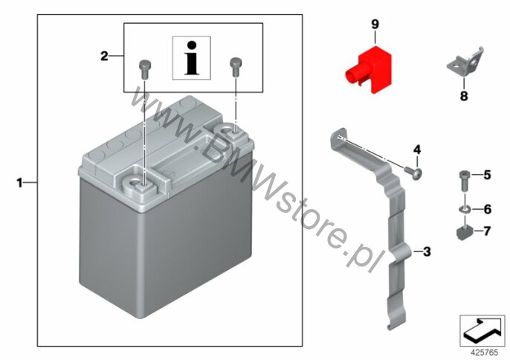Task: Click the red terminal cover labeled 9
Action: click(x=369, y=69)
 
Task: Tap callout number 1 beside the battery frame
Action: click(x=20, y=183)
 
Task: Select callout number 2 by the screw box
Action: click(x=104, y=56)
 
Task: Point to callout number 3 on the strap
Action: click(x=427, y=251)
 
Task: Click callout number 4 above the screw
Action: click(x=417, y=150)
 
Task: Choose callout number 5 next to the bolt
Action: click(x=487, y=175)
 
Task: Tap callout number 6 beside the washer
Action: click(x=487, y=209)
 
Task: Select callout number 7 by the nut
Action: click(x=487, y=231)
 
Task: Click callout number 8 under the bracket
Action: click(x=464, y=96)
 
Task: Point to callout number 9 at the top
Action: click(x=375, y=24)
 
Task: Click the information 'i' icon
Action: click(x=192, y=58)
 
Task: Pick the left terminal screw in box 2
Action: click(x=144, y=68)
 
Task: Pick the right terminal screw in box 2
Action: click(x=236, y=67)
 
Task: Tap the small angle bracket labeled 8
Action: click(x=465, y=63)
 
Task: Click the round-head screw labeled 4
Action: click(x=413, y=173)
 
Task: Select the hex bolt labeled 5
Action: click(x=464, y=181)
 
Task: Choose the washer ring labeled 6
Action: click(x=465, y=209)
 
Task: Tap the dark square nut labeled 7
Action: click(x=464, y=232)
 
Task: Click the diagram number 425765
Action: click(x=485, y=352)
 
